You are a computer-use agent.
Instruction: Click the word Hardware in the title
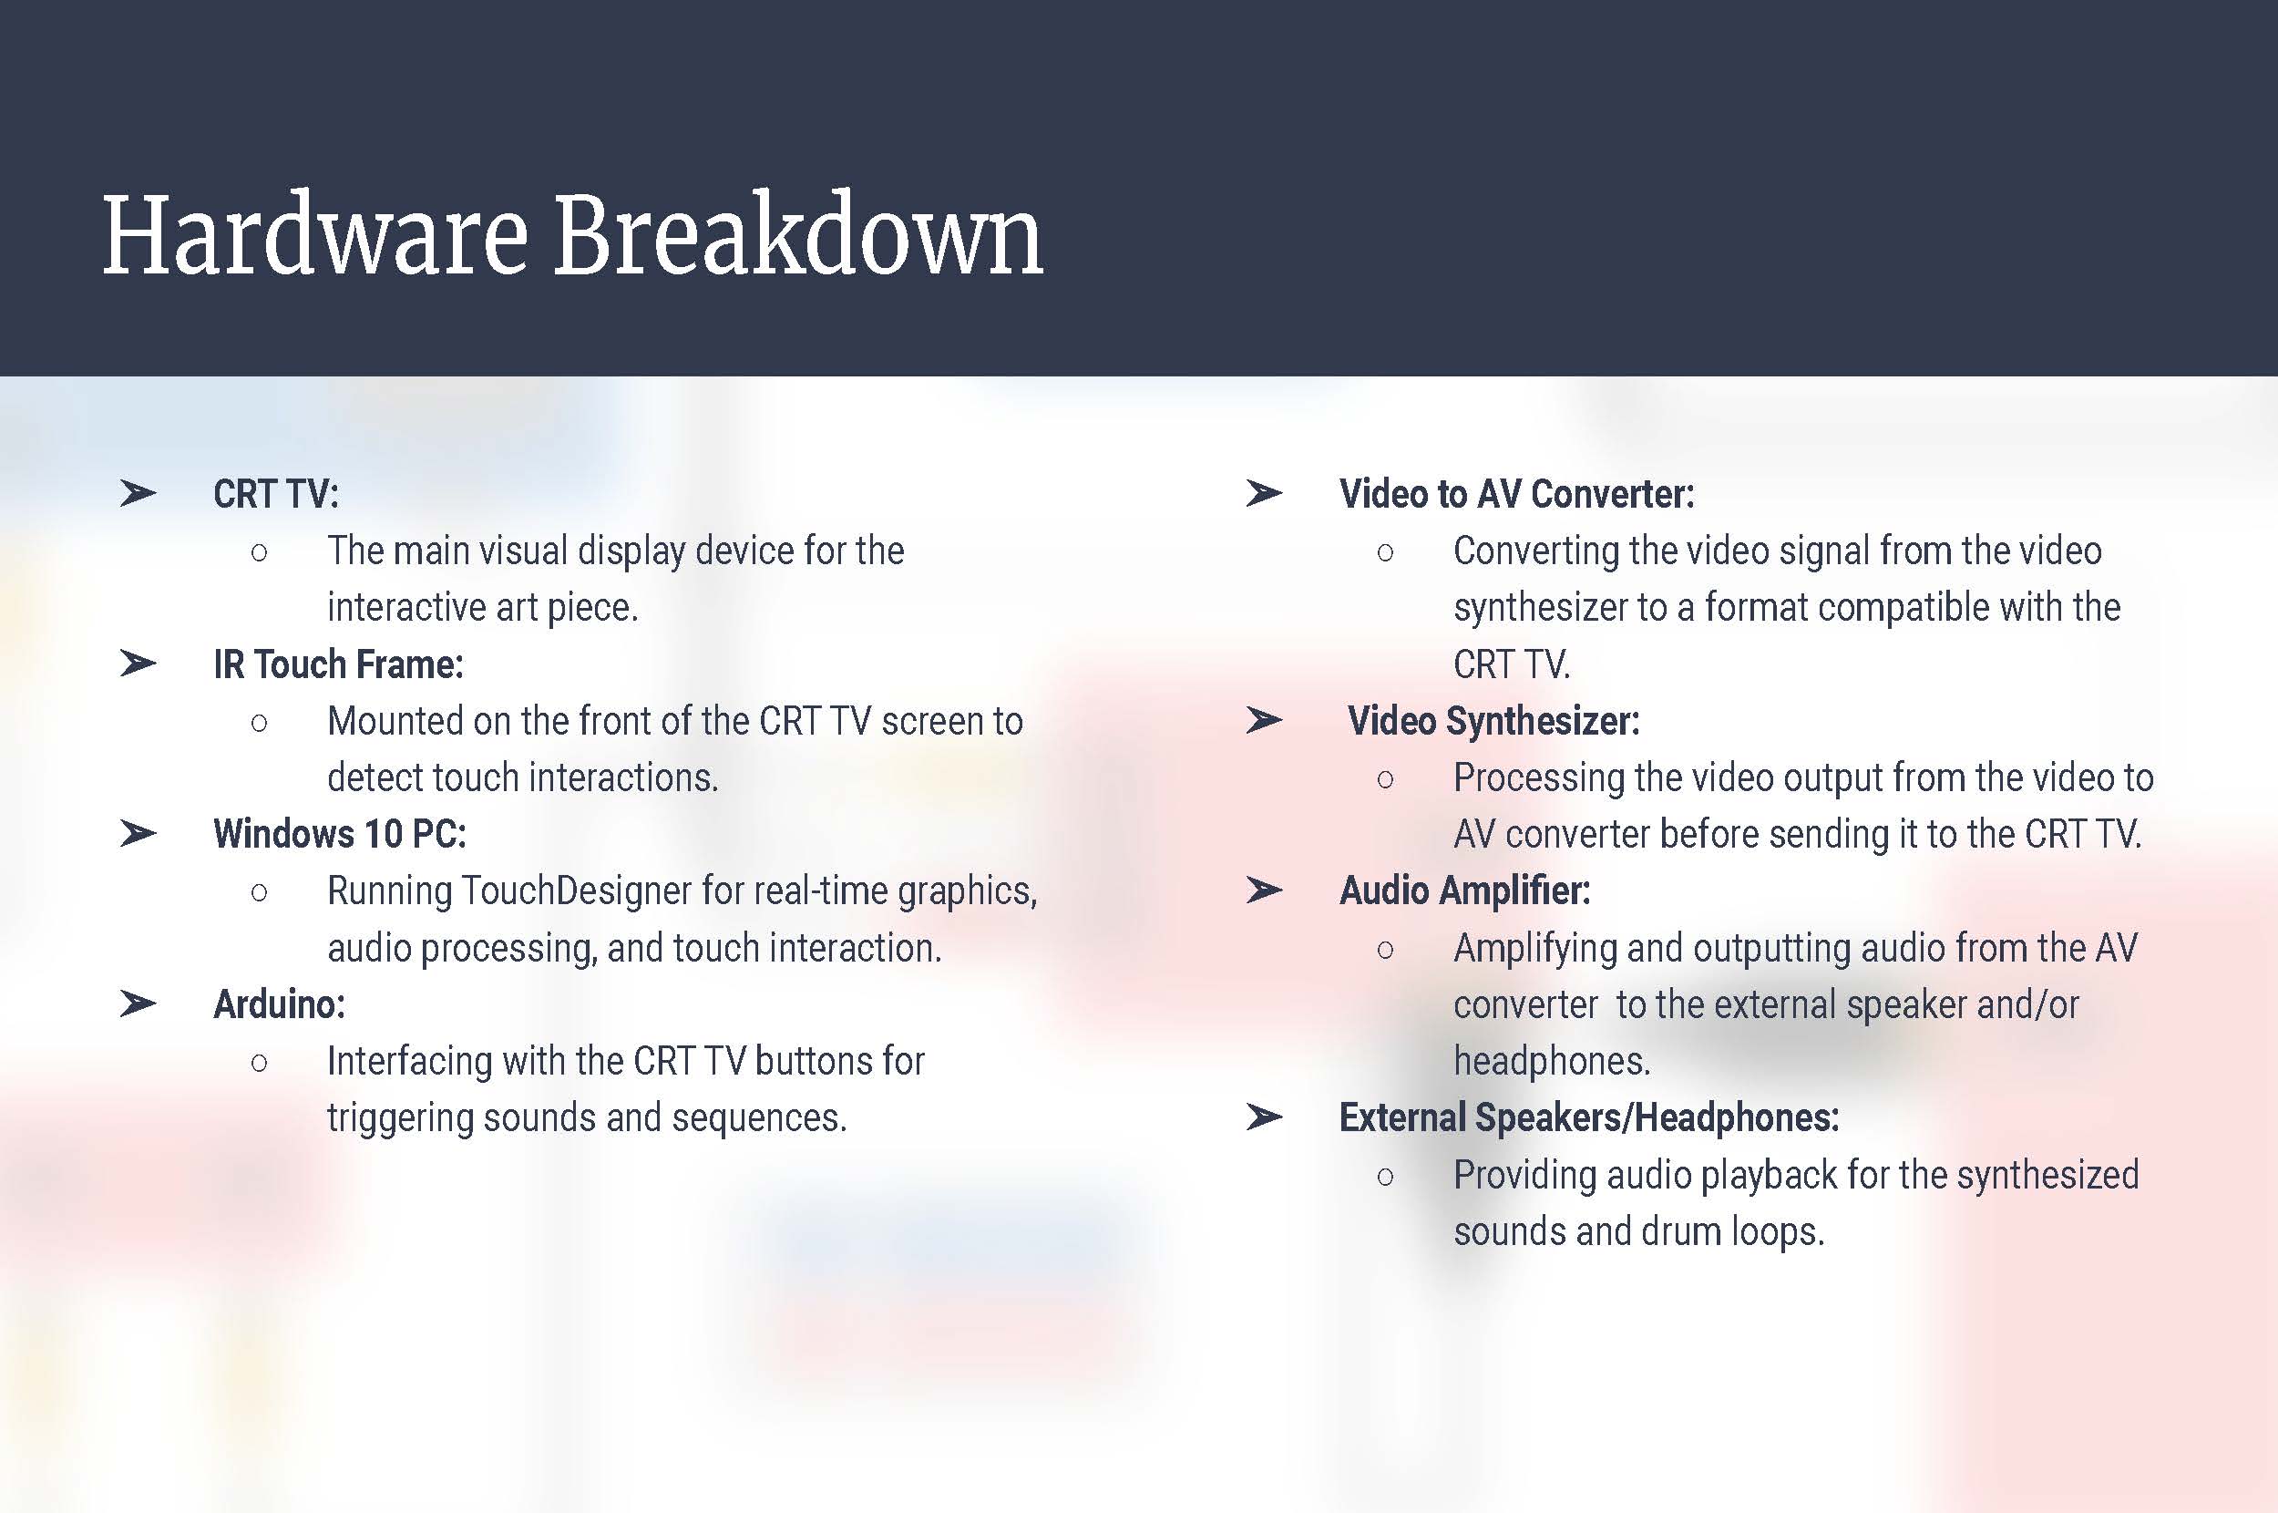[314, 234]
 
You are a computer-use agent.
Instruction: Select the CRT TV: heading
[276, 494]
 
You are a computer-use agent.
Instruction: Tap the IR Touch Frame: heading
[339, 664]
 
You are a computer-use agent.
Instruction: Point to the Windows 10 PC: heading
[340, 834]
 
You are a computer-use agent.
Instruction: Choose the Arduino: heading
[279, 1004]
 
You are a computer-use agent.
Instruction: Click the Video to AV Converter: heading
[1517, 494]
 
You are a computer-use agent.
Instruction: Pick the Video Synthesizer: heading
[1494, 721]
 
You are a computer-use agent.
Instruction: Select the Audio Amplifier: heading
[1465, 890]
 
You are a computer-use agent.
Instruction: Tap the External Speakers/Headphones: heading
[1589, 1117]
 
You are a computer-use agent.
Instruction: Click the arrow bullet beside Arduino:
[138, 1004]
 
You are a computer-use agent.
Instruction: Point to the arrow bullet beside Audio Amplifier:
[1264, 890]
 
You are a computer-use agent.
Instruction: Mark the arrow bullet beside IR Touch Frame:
[138, 664]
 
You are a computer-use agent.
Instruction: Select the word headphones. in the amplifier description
[1552, 1062]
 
